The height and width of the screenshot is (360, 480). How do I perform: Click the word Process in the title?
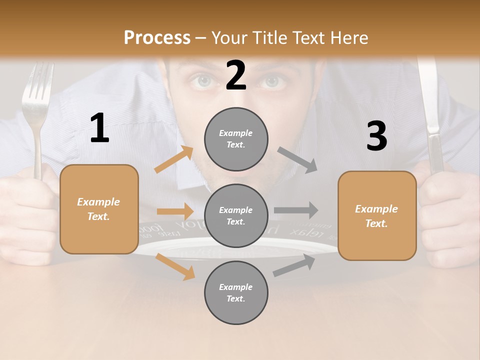click(157, 37)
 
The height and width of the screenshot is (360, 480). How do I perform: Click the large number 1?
click(99, 128)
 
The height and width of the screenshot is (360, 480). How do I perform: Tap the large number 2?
click(236, 75)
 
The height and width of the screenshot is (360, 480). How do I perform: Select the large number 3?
click(376, 136)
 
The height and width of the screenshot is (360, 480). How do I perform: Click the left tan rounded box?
click(99, 209)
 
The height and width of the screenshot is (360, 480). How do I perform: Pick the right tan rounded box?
click(377, 215)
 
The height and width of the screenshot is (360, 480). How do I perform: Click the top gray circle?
click(236, 139)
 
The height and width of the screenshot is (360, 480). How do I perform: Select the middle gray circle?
click(236, 215)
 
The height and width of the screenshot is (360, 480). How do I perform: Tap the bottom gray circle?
click(236, 292)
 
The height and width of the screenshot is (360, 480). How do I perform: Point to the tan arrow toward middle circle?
click(174, 211)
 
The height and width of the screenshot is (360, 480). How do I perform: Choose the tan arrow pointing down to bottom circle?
click(175, 266)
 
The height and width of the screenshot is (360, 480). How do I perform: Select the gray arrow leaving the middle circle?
click(295, 210)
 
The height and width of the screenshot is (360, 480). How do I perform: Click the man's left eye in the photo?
click(273, 81)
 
